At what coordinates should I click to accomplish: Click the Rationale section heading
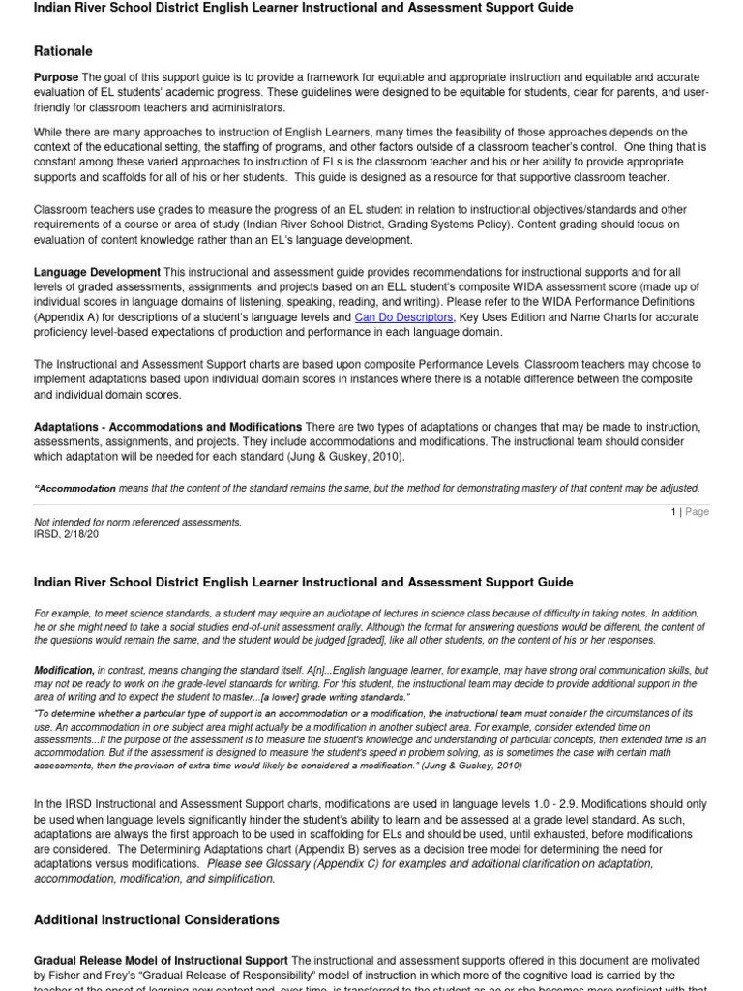tap(63, 51)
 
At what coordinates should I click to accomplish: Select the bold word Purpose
tap(56, 77)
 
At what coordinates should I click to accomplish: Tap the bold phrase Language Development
tap(97, 273)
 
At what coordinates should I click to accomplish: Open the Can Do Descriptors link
tap(403, 317)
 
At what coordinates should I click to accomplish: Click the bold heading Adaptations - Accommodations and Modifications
tap(167, 427)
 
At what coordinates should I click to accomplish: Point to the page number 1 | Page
tap(691, 512)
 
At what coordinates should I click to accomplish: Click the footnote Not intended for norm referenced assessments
tap(137, 523)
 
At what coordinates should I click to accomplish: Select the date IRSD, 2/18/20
tap(67, 533)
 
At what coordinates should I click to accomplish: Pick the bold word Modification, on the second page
tap(64, 670)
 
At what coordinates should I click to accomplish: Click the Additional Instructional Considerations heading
tap(156, 919)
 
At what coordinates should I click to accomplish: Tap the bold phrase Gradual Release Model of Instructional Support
tap(161, 961)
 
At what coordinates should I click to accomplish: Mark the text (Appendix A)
tap(69, 317)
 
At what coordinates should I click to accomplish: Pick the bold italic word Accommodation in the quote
tap(78, 489)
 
